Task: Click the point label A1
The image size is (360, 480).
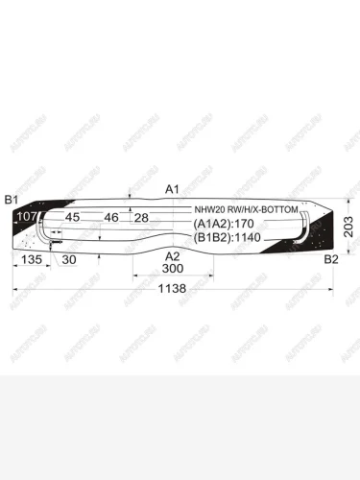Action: click(173, 188)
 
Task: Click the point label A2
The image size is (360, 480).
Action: click(173, 256)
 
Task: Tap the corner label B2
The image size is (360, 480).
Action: click(330, 260)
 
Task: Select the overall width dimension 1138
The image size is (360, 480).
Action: click(173, 287)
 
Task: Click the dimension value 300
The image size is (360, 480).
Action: click(173, 271)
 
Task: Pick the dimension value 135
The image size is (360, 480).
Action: click(31, 259)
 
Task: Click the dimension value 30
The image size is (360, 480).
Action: click(69, 259)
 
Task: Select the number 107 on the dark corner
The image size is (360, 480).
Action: click(28, 218)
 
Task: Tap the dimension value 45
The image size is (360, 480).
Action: click(72, 218)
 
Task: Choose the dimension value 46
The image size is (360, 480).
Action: click(111, 218)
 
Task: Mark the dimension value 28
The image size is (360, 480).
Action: click(141, 218)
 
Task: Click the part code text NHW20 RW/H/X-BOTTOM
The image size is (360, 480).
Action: click(246, 208)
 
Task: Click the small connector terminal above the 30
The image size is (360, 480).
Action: click(56, 246)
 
